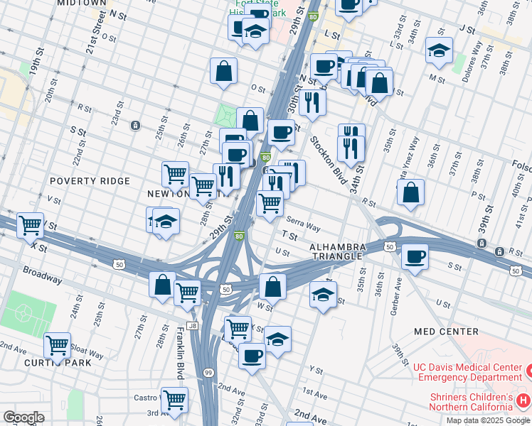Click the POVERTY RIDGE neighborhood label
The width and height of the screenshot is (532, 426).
point(90,181)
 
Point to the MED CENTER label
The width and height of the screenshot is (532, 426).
point(446,332)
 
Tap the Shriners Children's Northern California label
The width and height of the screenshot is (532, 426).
point(470,402)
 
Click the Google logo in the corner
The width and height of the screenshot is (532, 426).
point(23,417)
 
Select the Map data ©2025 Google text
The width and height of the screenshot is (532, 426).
point(487,420)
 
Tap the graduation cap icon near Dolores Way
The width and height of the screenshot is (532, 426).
point(439,50)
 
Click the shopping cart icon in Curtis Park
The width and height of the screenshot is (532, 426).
point(57,346)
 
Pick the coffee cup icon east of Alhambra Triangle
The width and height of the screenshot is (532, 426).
point(414,256)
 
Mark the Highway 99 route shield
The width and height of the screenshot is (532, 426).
point(208,373)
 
